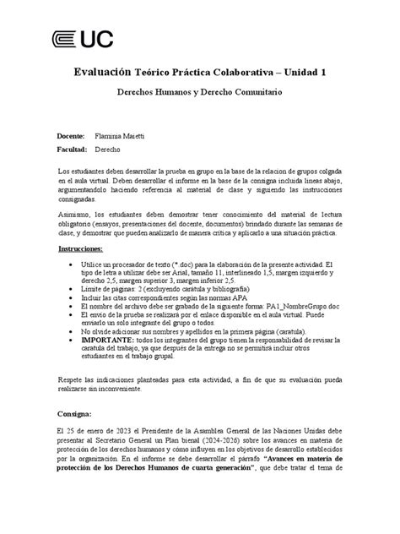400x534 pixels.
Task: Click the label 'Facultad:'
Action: coord(73,148)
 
